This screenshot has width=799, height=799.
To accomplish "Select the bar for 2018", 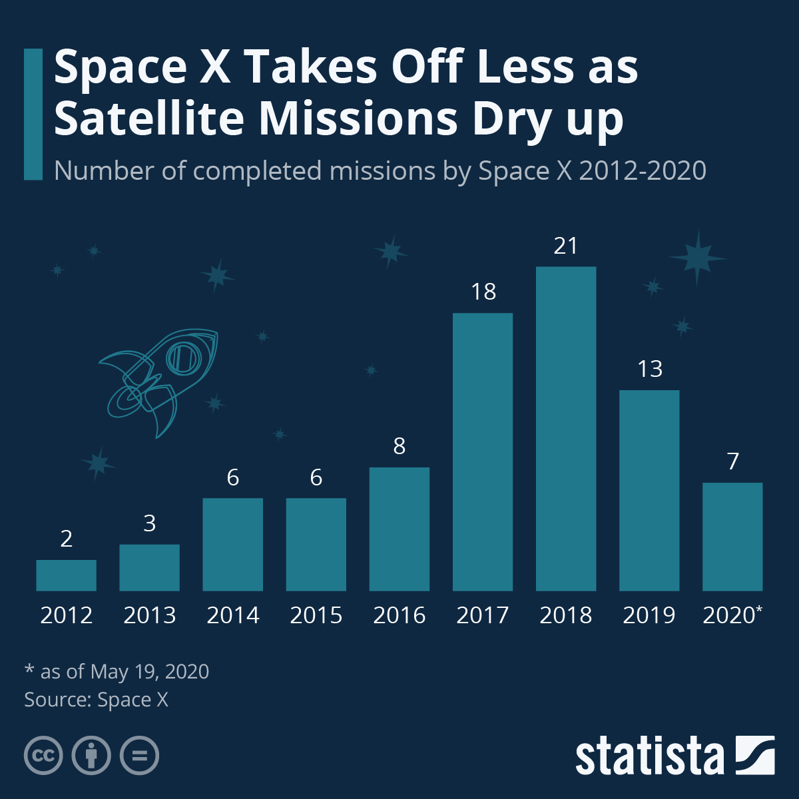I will [565, 429].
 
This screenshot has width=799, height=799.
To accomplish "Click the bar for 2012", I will [66, 575].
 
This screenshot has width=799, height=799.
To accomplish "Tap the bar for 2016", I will [399, 529].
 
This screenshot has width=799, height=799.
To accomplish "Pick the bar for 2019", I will [649, 490].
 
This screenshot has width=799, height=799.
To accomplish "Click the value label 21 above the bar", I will [565, 246].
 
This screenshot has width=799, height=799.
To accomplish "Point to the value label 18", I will [483, 292].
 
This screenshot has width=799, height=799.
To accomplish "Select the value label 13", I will [650, 369].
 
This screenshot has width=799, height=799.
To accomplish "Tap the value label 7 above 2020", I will [733, 461].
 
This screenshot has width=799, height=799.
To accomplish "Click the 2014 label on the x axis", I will [232, 615].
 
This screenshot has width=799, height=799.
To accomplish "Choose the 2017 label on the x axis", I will [483, 615].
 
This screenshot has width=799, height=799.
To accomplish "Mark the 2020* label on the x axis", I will [732, 615].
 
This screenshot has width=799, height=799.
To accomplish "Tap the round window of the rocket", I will [181, 358].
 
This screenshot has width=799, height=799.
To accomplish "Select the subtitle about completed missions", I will [380, 171].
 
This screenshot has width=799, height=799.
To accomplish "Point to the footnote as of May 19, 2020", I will [117, 671].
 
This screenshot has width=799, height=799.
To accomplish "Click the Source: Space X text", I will [97, 700].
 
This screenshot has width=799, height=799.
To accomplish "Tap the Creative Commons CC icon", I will [43, 756].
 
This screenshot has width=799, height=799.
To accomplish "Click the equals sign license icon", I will [140, 756].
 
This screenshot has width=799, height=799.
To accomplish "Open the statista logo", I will [674, 756].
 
